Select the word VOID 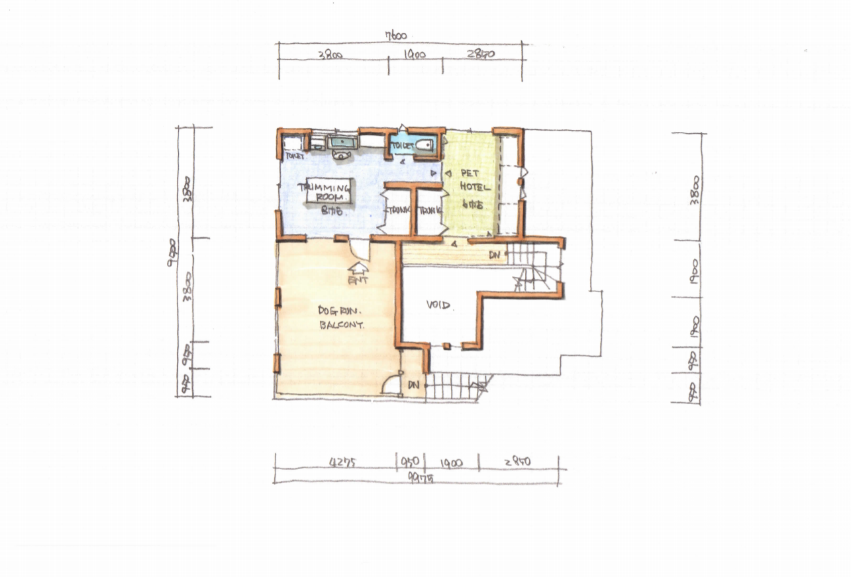click(438, 305)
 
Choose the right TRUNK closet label click(429, 210)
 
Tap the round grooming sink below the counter click(341, 155)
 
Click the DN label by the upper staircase click(494, 254)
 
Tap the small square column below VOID click(447, 346)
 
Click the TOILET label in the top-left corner click(293, 156)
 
